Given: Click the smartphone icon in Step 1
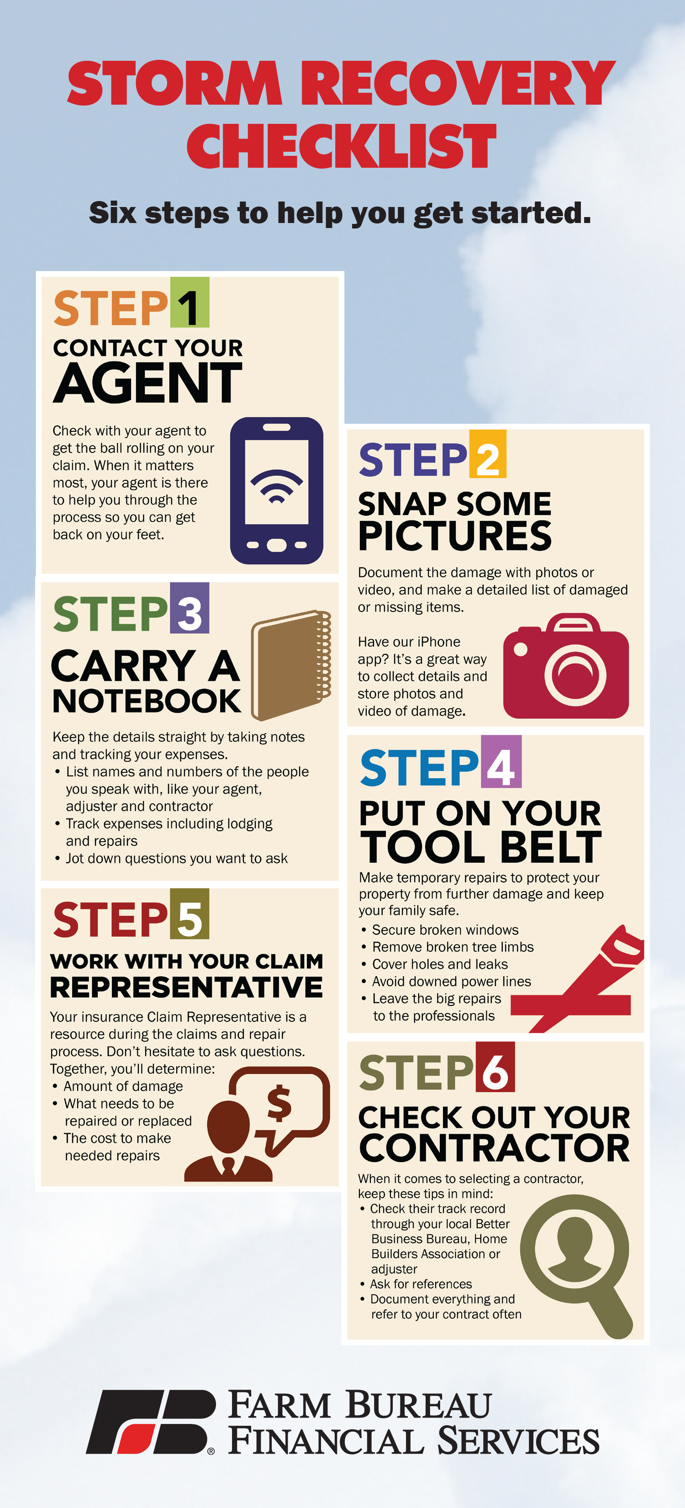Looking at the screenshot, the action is pos(277,491).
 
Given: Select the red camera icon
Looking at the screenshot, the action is pos(566,666).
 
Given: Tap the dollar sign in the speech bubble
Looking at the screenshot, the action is pos(279,1103).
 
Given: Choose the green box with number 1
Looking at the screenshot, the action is pos(190,303).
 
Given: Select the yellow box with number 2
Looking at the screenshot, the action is pos(487,454).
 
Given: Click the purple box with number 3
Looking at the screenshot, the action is pos(190,608).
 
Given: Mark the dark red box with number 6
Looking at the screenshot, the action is pos(495,1067).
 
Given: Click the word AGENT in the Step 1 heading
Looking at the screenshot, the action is pos(148,383).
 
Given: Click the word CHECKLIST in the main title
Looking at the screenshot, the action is pos(342,146).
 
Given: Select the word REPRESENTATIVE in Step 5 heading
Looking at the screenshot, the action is pos(186,987).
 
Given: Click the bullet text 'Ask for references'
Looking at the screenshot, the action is pos(421,1284).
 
